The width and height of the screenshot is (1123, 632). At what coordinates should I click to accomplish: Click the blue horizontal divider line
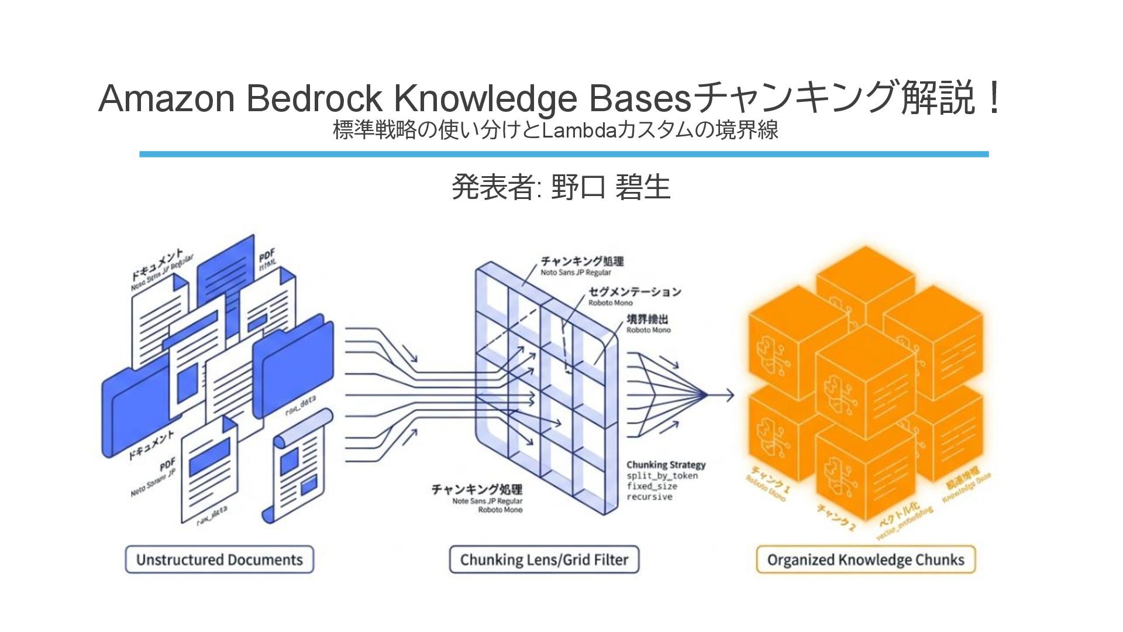(563, 154)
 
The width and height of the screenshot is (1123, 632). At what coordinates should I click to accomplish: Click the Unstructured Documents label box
(219, 559)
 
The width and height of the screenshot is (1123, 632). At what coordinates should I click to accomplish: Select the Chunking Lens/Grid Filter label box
(544, 559)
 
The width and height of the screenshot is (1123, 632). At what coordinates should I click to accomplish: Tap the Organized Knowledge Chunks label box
(866, 559)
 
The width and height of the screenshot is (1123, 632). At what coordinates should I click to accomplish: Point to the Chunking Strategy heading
(666, 465)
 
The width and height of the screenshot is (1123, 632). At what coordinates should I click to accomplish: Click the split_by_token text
(662, 476)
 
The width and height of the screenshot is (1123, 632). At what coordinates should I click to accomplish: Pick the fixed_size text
(652, 486)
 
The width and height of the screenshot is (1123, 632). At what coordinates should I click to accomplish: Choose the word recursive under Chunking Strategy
(649, 497)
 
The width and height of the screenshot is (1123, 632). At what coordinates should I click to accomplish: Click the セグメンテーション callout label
(635, 291)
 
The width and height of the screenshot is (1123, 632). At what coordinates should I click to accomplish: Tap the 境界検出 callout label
(647, 319)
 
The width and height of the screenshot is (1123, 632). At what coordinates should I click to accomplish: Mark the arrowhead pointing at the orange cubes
(729, 395)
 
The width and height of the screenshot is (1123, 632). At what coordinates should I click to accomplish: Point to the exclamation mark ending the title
(993, 98)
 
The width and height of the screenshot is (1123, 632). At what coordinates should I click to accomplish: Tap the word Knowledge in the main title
(485, 98)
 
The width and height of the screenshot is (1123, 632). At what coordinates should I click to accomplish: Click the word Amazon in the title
(167, 98)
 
